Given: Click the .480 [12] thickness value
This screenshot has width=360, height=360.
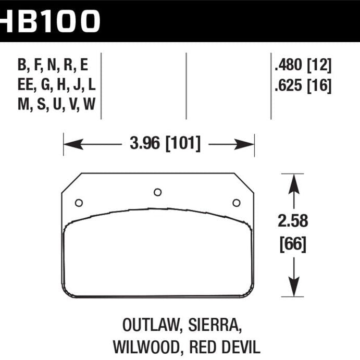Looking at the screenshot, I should coord(303,65).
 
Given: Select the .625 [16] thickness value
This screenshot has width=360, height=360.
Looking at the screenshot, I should coord(303,85).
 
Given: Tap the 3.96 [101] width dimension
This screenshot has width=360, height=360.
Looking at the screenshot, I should coord(165,143).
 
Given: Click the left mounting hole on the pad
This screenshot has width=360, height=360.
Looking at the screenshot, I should coord(79,203).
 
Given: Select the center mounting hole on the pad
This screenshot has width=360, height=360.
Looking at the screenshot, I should coord(157,192).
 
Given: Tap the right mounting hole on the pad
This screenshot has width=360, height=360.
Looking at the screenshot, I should coord(236,203).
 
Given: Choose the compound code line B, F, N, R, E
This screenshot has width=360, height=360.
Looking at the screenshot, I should coord(53,65).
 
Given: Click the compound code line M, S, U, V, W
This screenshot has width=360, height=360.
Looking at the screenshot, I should coord(56,105).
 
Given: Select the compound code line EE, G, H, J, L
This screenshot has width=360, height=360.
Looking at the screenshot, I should coord(56,85).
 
